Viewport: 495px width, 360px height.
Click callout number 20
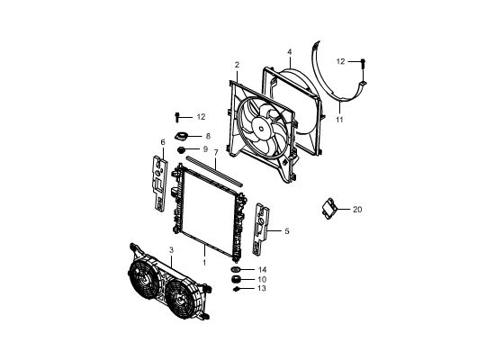tap(357, 210)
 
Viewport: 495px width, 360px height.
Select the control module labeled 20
tap(329, 208)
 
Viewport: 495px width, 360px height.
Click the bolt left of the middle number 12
tap(176, 118)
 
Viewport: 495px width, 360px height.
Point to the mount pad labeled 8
tap(181, 137)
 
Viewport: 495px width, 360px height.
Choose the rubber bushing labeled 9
tap(181, 150)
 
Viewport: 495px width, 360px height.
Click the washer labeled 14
tap(235, 269)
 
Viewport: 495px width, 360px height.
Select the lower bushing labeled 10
tap(236, 280)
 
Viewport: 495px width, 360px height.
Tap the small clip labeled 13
tap(236, 289)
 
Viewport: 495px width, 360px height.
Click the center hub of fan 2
tap(261, 128)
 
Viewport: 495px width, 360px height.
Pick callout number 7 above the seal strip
tap(216, 152)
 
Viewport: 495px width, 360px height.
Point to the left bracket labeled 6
tap(160, 184)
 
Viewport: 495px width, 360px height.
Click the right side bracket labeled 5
tap(261, 229)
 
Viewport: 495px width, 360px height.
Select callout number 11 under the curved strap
tap(339, 120)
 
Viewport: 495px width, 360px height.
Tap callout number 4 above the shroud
tap(290, 52)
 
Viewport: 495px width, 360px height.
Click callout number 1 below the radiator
tap(204, 263)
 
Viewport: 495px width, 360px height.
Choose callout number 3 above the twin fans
tap(171, 250)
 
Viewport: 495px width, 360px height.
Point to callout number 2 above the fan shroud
tap(237, 65)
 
